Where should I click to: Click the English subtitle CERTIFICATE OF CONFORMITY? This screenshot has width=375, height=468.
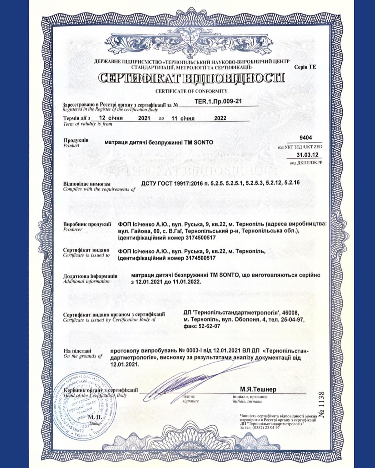191,91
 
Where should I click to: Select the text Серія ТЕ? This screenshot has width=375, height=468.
305,67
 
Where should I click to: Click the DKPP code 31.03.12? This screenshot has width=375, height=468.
307,155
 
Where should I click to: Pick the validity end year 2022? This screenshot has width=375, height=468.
220,118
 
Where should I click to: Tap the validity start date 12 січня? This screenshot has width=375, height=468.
111,118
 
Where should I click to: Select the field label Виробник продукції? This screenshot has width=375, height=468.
87,224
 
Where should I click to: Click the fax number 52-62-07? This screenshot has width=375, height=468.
202,326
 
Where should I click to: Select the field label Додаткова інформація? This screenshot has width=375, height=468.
90,276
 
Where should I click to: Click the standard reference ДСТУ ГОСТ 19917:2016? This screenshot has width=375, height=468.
171,183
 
